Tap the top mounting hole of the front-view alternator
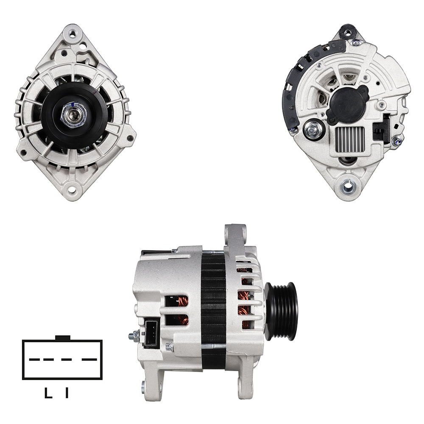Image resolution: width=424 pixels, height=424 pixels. [72, 34]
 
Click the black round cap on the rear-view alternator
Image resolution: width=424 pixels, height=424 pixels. [347, 104]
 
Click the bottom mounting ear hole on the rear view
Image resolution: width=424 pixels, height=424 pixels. [348, 186]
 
